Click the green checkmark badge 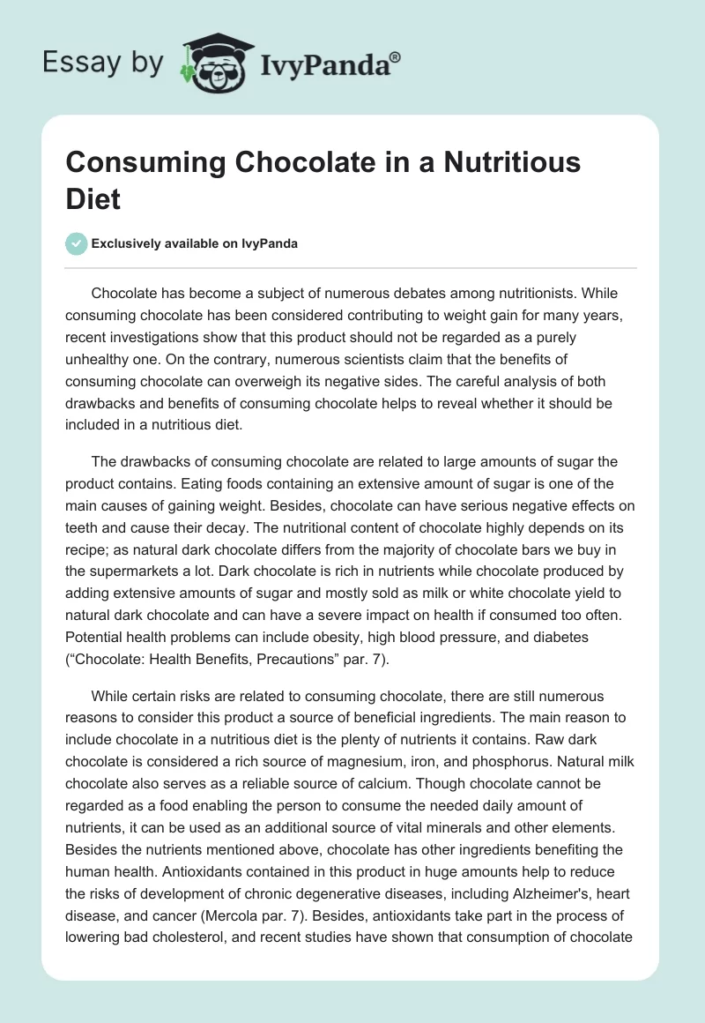point(76,243)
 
